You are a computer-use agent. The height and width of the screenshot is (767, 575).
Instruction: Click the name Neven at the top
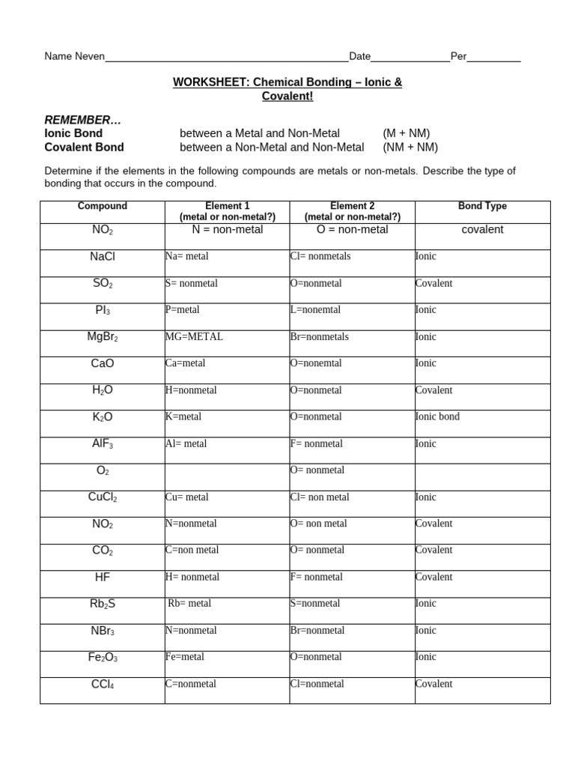[89, 57]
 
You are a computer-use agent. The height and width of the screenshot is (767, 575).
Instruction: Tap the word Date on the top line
[360, 57]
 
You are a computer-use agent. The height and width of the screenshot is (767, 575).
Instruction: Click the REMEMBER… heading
[82, 120]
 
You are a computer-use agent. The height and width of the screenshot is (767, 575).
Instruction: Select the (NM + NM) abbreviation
[410, 147]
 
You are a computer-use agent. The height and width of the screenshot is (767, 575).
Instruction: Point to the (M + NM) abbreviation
[406, 133]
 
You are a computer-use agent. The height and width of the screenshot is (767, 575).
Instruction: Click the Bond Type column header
[482, 206]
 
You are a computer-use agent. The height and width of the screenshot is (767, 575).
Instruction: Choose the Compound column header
[103, 206]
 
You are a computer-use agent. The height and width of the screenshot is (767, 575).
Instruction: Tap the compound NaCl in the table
[103, 257]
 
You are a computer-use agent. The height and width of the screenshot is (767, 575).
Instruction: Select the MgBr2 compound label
[103, 337]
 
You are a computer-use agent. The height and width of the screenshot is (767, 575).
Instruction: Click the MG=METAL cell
[194, 337]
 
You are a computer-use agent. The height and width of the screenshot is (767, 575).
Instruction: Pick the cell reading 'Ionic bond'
[437, 417]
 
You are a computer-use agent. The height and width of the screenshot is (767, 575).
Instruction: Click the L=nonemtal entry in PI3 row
[314, 310]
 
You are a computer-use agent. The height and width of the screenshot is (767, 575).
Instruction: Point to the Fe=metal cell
[185, 657]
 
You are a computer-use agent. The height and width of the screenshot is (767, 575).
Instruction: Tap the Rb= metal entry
[189, 604]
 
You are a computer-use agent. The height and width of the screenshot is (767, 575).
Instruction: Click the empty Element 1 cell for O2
[227, 477]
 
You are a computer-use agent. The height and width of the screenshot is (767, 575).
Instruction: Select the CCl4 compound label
[103, 684]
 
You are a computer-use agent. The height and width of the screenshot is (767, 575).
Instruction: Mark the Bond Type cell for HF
[434, 577]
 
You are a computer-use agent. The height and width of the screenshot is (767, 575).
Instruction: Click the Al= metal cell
[186, 444]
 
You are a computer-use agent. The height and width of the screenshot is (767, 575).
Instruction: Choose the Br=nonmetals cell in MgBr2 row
[319, 337]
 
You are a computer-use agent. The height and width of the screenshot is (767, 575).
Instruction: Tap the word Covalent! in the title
[287, 97]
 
